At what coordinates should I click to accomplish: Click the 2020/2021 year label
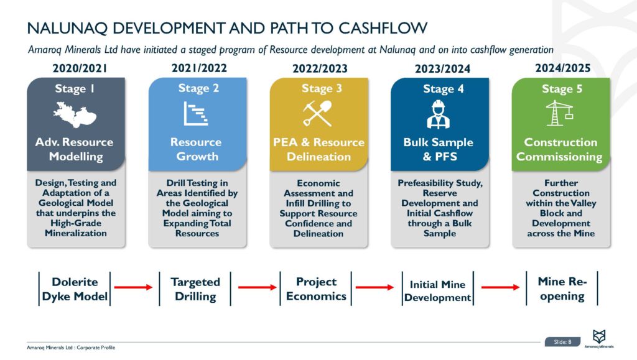click(x=75, y=68)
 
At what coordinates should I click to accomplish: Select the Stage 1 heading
click(x=75, y=88)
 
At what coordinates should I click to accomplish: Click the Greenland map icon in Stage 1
click(x=75, y=115)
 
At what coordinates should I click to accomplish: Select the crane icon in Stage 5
click(x=559, y=114)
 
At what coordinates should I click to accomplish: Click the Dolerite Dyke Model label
click(x=75, y=289)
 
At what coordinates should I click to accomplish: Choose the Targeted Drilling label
click(x=195, y=289)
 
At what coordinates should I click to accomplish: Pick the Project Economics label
click(x=316, y=288)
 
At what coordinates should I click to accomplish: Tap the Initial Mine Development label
click(x=437, y=290)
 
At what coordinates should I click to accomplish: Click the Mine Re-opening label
click(x=562, y=288)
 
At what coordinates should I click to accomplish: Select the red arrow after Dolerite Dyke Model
click(x=135, y=287)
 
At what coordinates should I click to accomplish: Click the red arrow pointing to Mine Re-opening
click(x=501, y=287)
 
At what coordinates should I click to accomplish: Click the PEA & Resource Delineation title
click(x=317, y=149)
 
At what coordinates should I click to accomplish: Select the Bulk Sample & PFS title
click(x=438, y=149)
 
